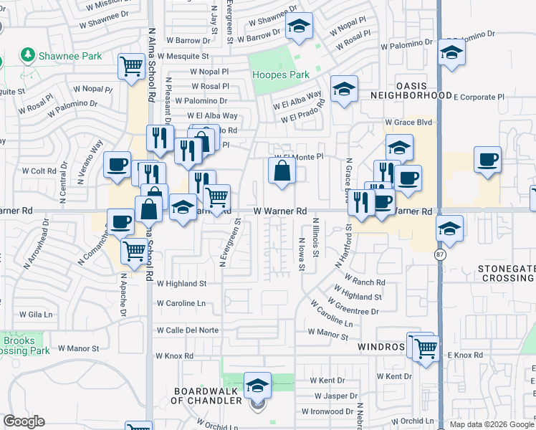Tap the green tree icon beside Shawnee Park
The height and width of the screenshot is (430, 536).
click(28, 54)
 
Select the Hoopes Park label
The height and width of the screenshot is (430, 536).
click(281, 75)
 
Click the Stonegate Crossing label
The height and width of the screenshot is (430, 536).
click(506, 274)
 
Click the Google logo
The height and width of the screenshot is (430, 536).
click(24, 421)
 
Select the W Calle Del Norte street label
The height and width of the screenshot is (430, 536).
click(187, 330)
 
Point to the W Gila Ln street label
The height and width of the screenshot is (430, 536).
click(35, 315)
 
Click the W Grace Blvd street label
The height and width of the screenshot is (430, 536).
click(408, 123)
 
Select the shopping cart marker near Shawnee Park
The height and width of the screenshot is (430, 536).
click(132, 67)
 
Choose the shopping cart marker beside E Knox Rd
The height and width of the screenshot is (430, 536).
click(426, 348)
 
